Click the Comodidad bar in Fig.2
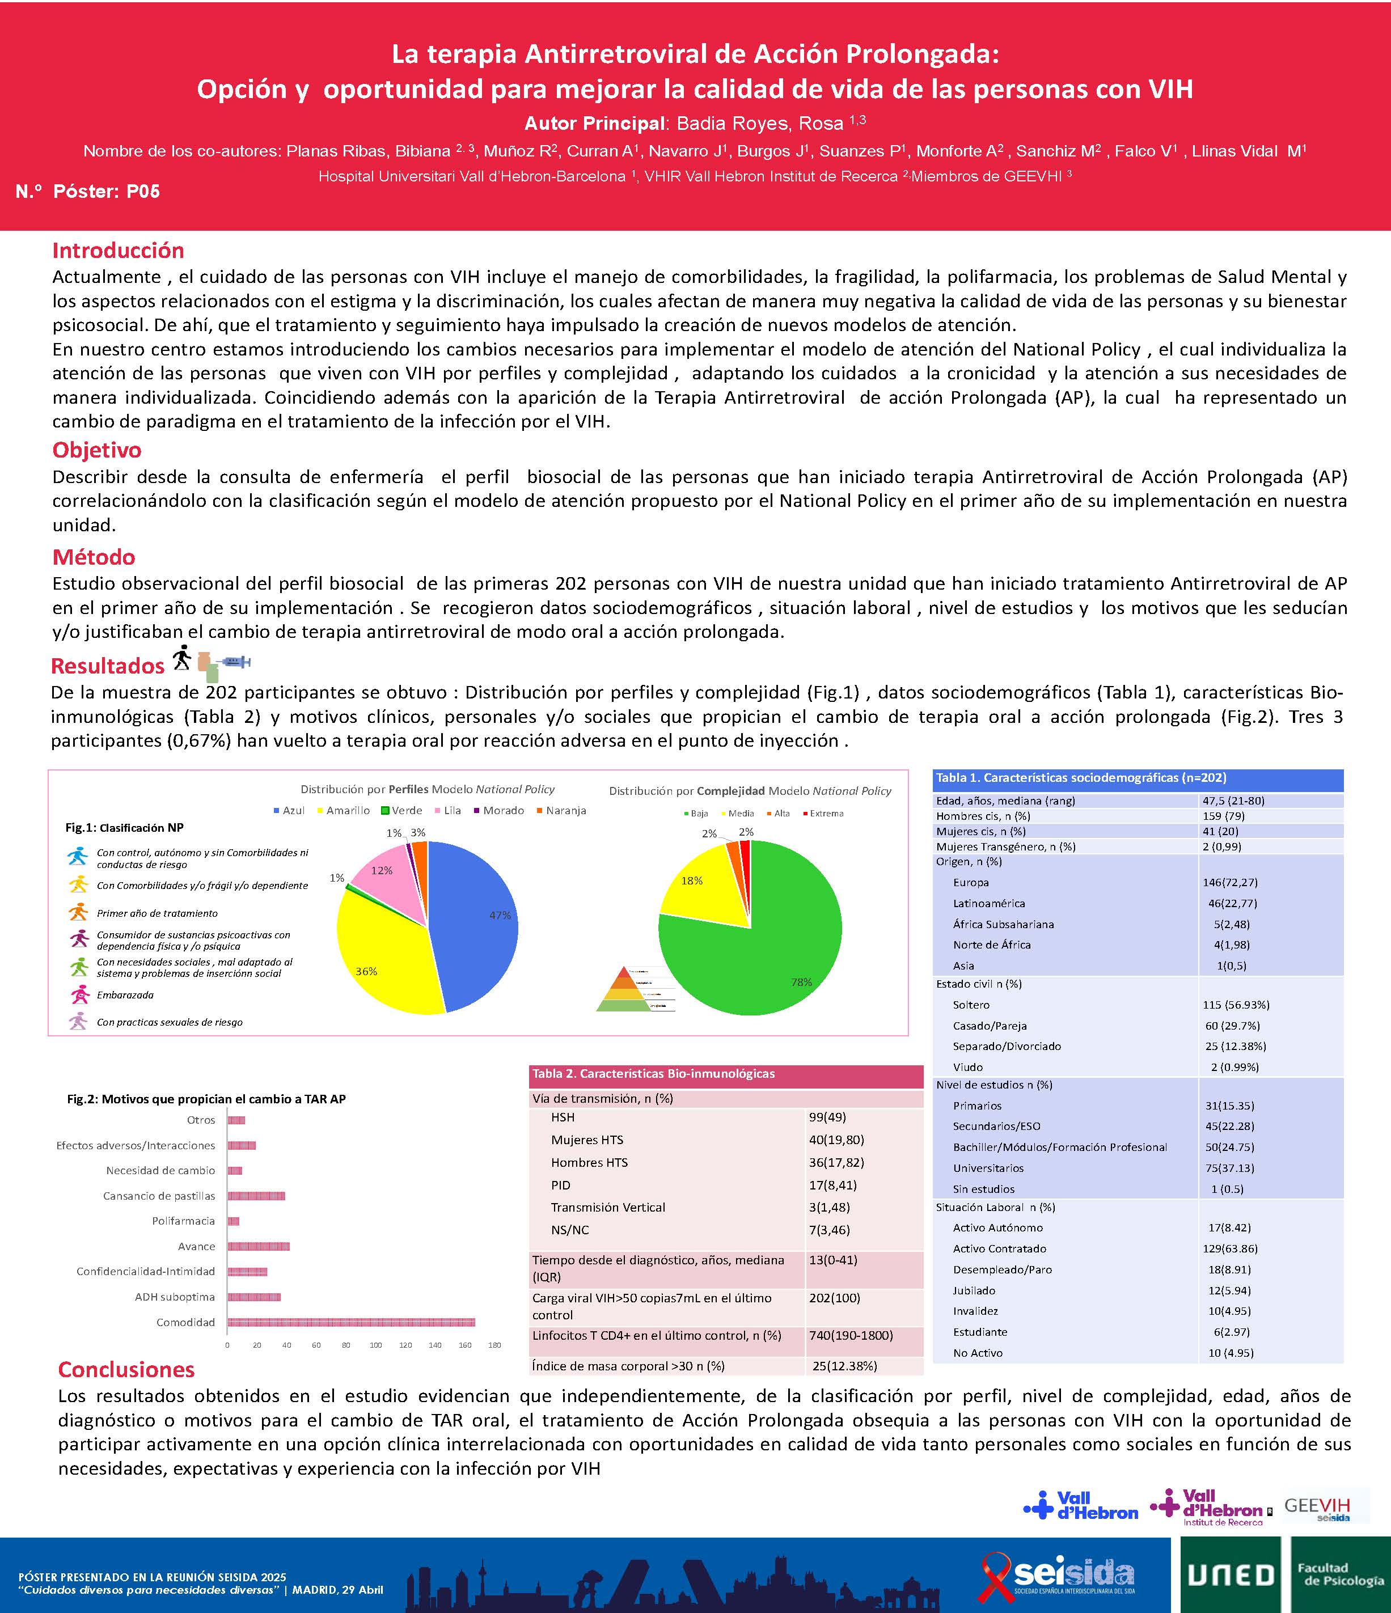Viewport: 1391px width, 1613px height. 350,1322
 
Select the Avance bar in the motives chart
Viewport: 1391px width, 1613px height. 259,1246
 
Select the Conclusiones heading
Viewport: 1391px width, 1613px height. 126,1369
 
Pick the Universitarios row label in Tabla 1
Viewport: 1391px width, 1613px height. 988,1168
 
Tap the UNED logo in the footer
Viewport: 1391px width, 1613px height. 1230,1575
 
